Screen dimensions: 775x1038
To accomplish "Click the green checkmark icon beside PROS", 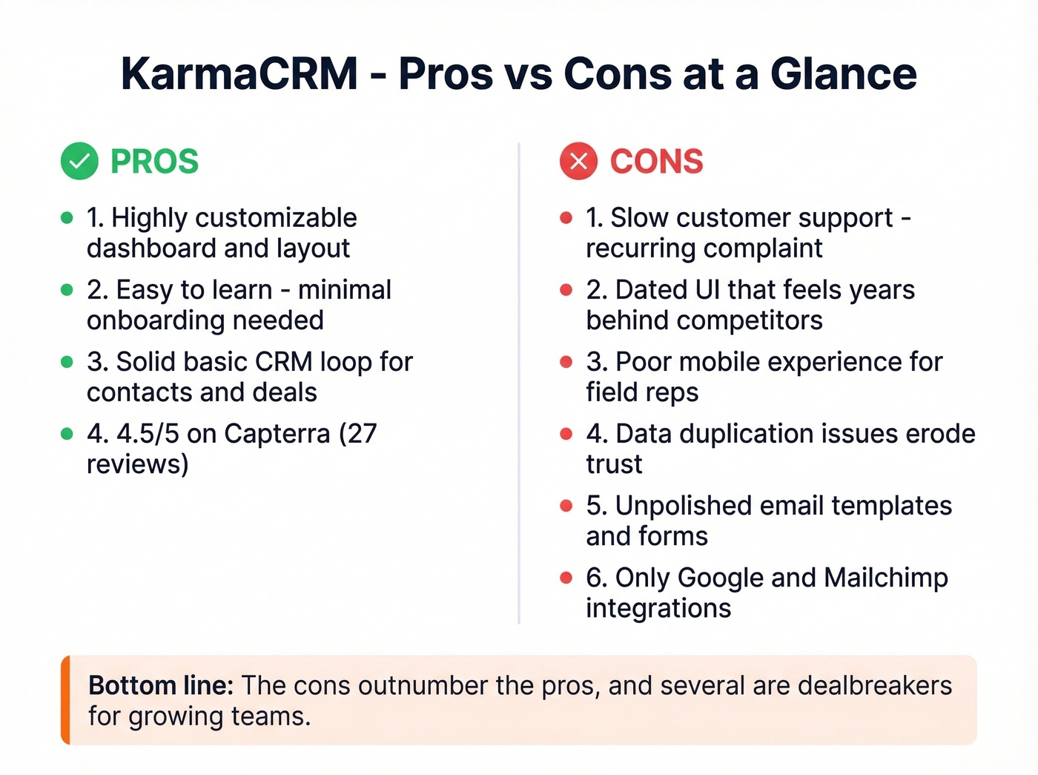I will pos(79,161).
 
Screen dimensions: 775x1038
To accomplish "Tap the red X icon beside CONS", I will pos(578,161).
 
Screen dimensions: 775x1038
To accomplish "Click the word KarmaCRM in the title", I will pos(239,74).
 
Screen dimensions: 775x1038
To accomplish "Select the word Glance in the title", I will pos(844,74).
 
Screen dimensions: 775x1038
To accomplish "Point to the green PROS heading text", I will pos(154,162).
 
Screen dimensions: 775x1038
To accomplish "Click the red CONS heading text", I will pos(656,162).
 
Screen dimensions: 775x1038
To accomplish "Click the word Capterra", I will pos(277,434).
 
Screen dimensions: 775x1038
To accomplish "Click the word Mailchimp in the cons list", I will pos(886,578).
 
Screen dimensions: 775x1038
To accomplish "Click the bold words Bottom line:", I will pos(161,686).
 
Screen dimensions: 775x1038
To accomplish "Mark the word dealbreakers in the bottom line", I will pos(875,686).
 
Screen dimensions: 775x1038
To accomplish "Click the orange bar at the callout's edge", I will pos(65,700).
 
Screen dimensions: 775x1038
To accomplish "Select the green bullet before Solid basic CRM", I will pos(67,362).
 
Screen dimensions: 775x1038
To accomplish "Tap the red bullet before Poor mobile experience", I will pos(566,362).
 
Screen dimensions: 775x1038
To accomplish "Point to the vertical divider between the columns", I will pos(519,383).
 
